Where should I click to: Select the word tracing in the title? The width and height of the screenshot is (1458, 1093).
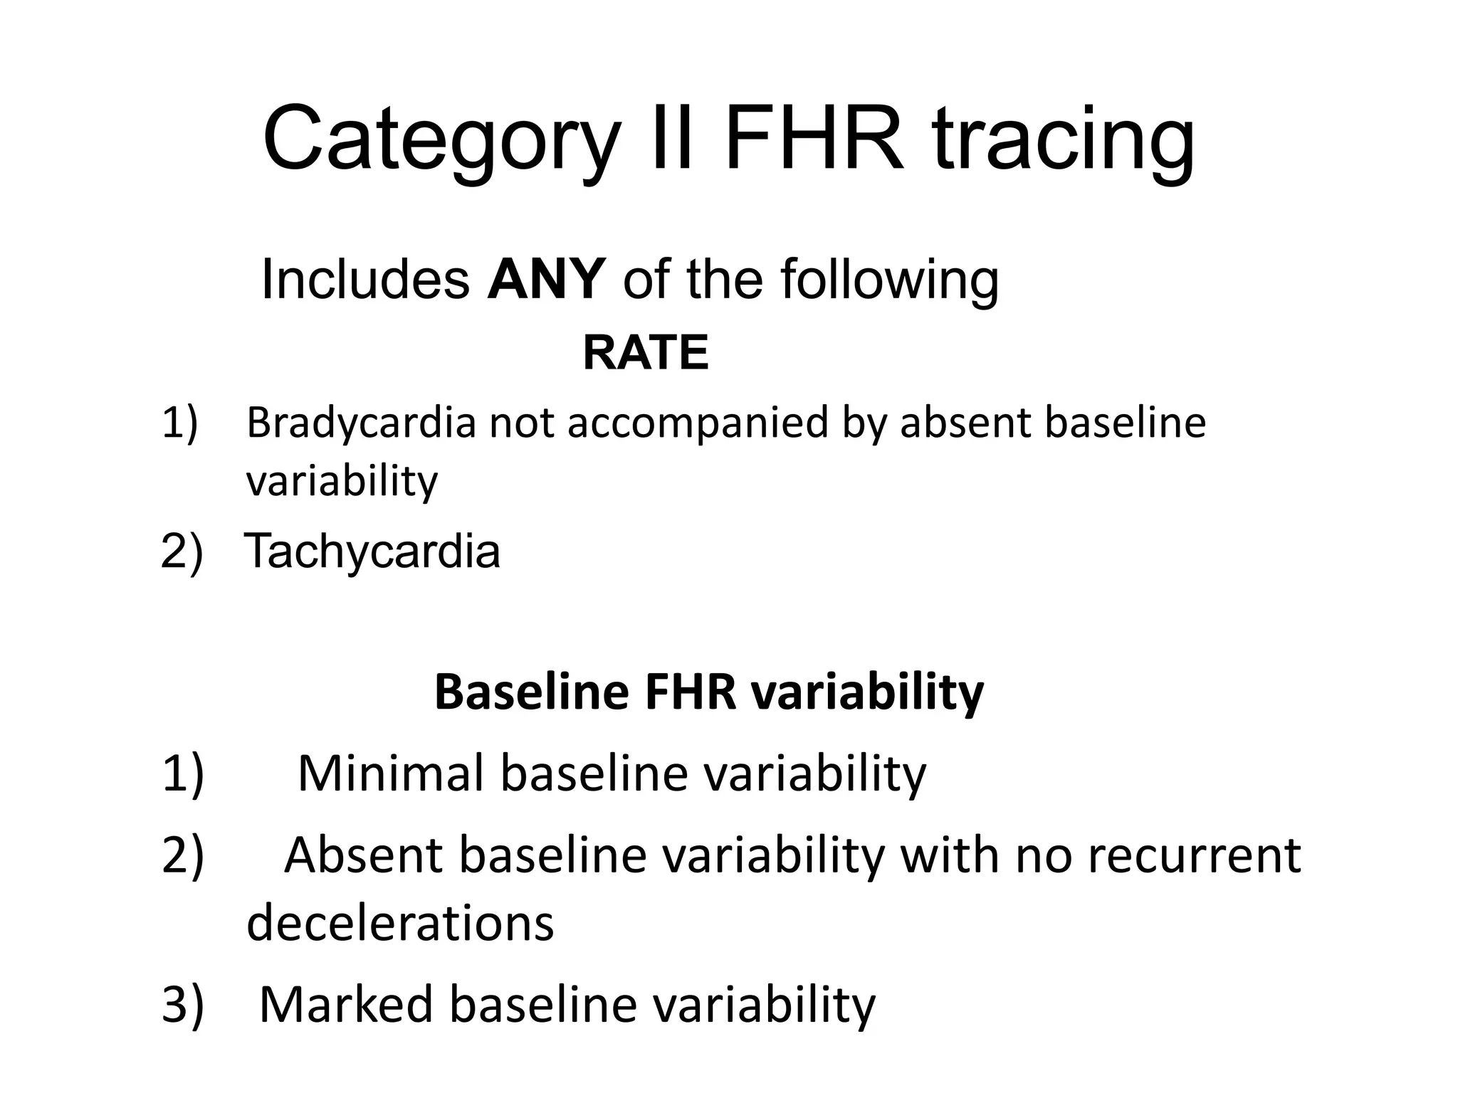(1064, 139)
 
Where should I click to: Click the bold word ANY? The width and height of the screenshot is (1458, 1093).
(546, 279)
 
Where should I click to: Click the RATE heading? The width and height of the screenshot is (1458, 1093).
(646, 353)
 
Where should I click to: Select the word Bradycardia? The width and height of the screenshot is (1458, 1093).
(361, 423)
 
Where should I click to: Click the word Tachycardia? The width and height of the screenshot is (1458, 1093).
(372, 551)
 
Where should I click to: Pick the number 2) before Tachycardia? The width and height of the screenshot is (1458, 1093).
(182, 551)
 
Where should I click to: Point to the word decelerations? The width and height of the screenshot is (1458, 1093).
(400, 923)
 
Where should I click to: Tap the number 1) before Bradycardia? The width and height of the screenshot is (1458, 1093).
(180, 423)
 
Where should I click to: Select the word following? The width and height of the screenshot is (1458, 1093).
(889, 280)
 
